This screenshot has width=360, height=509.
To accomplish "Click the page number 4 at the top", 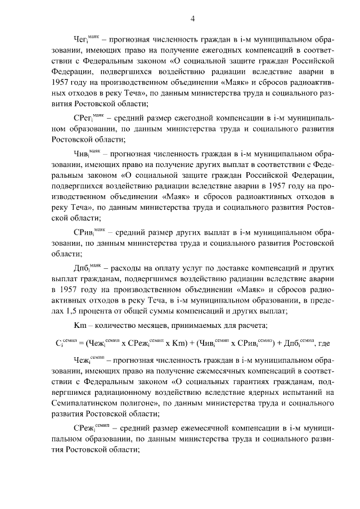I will [192, 19].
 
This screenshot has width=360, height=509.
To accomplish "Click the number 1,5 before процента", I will [77, 310].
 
